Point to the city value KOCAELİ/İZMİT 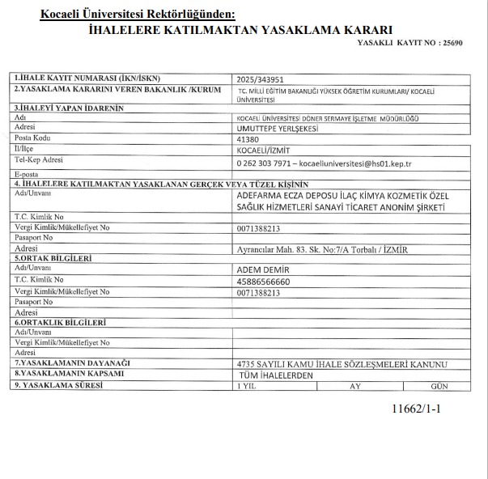261,150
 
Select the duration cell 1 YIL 245,387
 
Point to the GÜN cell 440,387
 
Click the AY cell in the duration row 354,387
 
